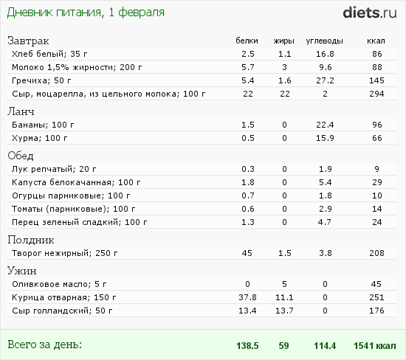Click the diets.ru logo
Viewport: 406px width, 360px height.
click(x=370, y=13)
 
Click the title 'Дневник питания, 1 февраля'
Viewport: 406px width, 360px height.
click(x=86, y=13)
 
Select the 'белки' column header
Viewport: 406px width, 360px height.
click(x=247, y=41)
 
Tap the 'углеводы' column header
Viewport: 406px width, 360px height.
click(x=325, y=41)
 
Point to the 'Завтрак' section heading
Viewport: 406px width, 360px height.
click(x=28, y=41)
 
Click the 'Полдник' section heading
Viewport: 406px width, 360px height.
click(x=31, y=240)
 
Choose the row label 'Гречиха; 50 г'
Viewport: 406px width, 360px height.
click(x=41, y=80)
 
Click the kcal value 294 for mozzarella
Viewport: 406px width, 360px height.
click(x=376, y=94)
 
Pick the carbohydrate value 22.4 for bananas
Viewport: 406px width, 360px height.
click(x=325, y=125)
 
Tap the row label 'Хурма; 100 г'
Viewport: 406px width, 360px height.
click(x=40, y=138)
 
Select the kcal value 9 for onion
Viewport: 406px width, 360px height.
click(x=376, y=169)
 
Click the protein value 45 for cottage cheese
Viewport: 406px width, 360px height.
click(x=247, y=253)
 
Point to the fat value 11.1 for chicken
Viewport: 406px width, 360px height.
click(x=284, y=297)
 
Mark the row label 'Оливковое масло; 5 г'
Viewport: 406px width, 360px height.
click(x=59, y=284)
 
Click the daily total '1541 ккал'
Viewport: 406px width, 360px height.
click(x=375, y=346)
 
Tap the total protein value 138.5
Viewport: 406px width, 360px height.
click(x=247, y=346)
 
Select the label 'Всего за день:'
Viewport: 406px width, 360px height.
click(x=44, y=345)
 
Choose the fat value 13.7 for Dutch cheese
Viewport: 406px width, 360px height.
click(x=284, y=311)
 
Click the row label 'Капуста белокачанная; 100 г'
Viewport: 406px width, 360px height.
click(x=76, y=182)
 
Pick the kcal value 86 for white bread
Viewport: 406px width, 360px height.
click(x=377, y=54)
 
